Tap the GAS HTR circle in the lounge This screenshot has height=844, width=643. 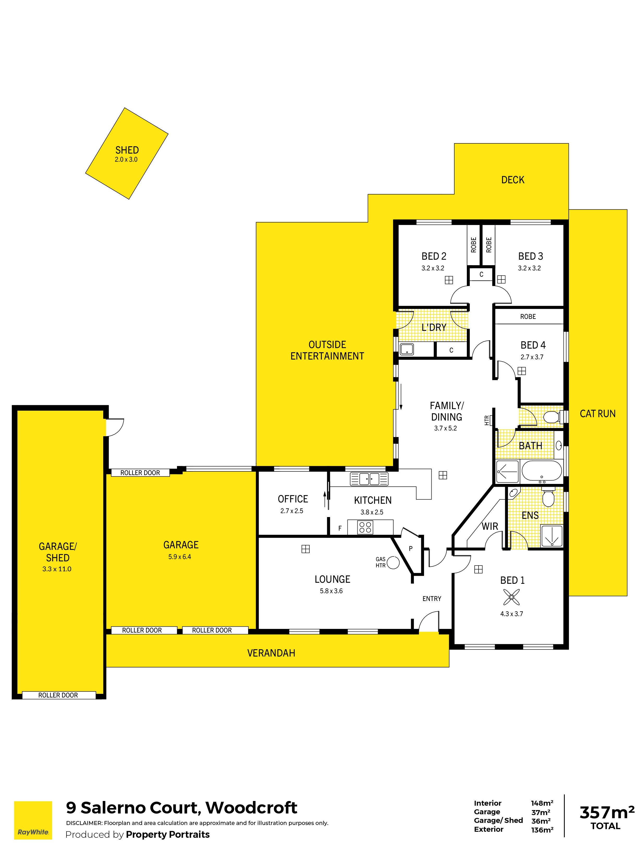point(393,562)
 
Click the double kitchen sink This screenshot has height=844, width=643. point(369,479)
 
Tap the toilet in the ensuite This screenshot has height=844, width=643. point(548,496)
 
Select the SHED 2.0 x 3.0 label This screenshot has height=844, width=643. point(127,154)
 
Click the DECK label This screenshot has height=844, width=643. point(512,180)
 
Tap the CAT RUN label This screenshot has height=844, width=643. point(597,414)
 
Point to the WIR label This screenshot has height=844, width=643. point(490,526)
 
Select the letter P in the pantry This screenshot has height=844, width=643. point(411,549)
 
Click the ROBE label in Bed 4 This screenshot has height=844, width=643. point(528,317)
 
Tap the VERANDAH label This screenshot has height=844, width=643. point(271,653)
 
